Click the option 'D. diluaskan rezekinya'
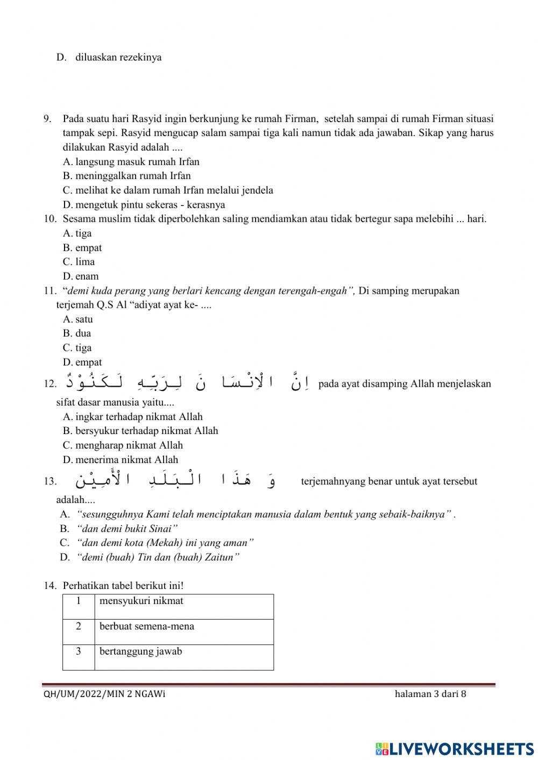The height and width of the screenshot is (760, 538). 109,57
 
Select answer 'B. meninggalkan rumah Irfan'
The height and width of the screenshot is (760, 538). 126,176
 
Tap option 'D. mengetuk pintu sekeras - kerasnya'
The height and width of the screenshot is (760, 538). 144,204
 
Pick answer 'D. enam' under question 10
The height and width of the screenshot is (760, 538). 81,276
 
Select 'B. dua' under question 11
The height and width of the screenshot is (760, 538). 77,333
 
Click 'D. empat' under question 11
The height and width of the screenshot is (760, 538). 82,363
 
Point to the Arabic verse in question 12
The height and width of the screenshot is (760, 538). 188,382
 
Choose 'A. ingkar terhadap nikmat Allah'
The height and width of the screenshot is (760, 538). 132,417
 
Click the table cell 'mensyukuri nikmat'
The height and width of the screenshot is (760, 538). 141,601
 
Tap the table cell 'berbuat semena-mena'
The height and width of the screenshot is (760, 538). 147,627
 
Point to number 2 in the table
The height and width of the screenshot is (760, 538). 79,627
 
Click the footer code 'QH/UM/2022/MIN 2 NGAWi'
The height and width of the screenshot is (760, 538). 104,694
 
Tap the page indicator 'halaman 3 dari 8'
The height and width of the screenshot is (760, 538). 430,694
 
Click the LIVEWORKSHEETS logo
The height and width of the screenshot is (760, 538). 455,748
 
